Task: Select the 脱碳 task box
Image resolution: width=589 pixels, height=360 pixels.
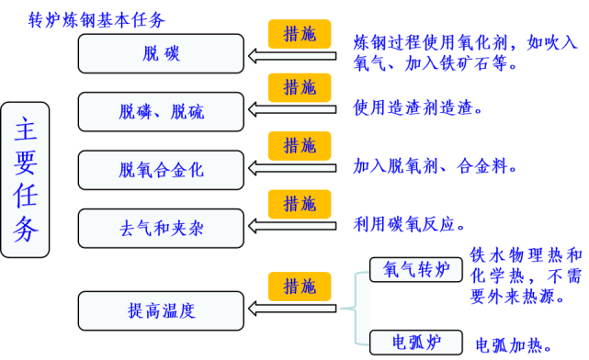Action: pos(162,53)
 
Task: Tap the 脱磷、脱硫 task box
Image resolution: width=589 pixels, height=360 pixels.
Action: pos(162,112)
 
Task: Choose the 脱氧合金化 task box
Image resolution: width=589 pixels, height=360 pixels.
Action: pos(162,170)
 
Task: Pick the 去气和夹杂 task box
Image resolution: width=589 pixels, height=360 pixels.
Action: pos(162,227)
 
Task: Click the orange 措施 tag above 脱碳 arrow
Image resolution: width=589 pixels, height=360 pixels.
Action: pos(300,33)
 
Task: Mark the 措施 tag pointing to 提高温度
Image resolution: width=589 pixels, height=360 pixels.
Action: pos(300,286)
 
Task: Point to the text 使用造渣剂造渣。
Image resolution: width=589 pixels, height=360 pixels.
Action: pos(419,108)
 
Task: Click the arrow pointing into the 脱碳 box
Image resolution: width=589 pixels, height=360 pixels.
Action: pos(294,57)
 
